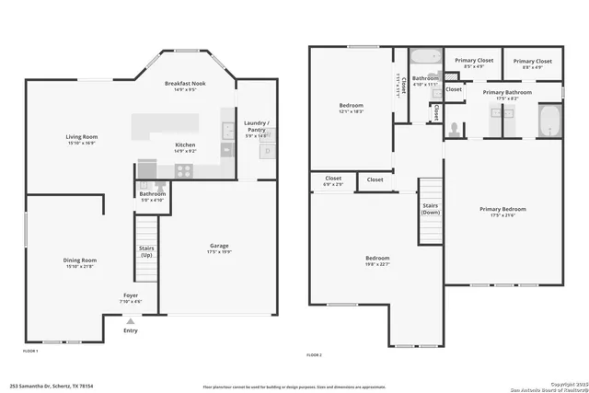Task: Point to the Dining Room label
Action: pos(79,262)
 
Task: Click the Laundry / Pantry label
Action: pos(255,127)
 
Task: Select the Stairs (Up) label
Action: pos(145,251)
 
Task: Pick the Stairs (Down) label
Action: pos(431,209)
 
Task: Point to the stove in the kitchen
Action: pos(182,170)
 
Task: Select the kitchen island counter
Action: pos(165,125)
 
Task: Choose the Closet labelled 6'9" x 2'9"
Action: pos(333,181)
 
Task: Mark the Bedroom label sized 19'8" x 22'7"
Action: pos(377,261)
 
